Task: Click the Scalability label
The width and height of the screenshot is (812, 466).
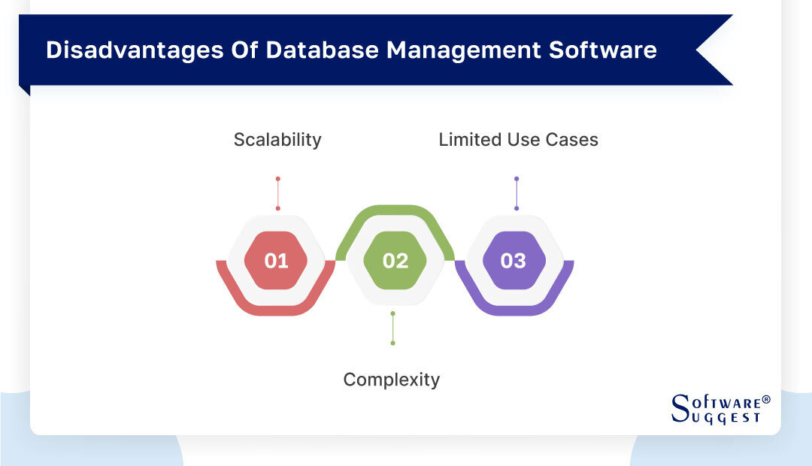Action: [x=277, y=140]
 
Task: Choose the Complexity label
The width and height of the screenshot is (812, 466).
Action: [x=391, y=380]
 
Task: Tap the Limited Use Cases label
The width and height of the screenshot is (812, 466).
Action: [x=518, y=140]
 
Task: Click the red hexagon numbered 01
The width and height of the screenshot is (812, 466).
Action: [x=277, y=261]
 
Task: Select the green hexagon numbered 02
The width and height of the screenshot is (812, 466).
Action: [x=395, y=261]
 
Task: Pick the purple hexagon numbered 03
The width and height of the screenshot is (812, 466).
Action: [x=514, y=261]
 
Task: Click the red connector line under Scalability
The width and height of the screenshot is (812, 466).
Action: [x=277, y=193]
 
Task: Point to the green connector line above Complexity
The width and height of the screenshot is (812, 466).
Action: [x=392, y=328]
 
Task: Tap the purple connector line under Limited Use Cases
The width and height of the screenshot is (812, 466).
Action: [x=517, y=193]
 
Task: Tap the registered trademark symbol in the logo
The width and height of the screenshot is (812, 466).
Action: [x=766, y=399]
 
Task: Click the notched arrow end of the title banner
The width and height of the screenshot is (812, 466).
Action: [x=710, y=50]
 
